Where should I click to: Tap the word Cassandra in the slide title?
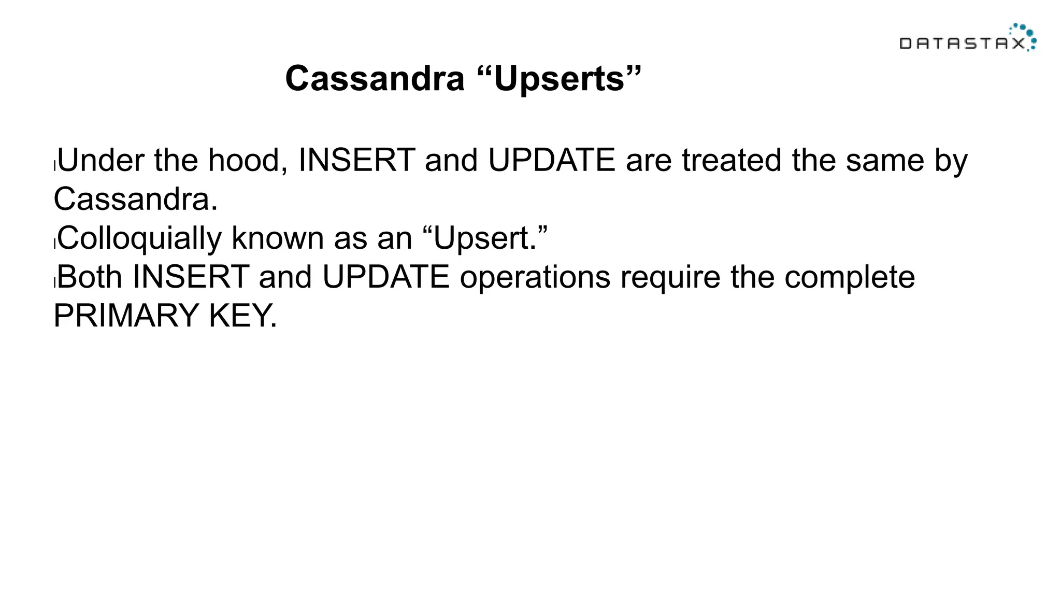[375, 79]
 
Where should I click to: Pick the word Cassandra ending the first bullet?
[135, 199]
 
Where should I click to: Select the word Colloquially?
[139, 238]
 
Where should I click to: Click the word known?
[278, 238]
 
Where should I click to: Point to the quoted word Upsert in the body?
[485, 238]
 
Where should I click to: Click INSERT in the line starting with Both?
[191, 277]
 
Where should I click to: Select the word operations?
[535, 277]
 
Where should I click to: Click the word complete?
[850, 277]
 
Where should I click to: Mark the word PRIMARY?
[126, 316]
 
